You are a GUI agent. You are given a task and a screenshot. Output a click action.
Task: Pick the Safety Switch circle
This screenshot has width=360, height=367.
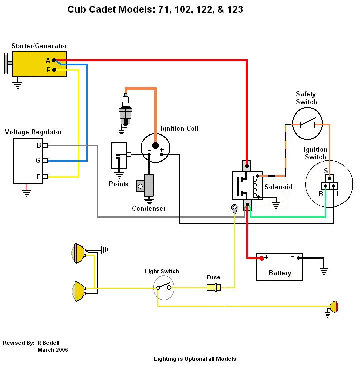tap(307, 123)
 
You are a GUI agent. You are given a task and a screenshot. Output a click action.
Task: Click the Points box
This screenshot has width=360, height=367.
tap(119, 155)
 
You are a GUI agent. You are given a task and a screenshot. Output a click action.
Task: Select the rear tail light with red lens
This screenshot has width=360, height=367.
tap(333, 306)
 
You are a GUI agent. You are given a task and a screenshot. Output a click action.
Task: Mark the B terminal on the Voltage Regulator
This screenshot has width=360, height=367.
tap(45, 146)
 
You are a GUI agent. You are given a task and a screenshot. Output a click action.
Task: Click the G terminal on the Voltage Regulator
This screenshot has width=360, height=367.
tap(45, 161)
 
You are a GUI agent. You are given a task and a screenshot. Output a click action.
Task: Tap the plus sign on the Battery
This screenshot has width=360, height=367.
tap(266, 258)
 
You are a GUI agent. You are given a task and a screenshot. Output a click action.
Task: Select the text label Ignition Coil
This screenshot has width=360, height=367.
tap(179, 129)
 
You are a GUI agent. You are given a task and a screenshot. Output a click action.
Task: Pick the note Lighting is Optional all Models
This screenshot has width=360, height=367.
tap(195, 359)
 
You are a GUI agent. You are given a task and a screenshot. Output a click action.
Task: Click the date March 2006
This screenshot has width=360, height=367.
tap(52, 350)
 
